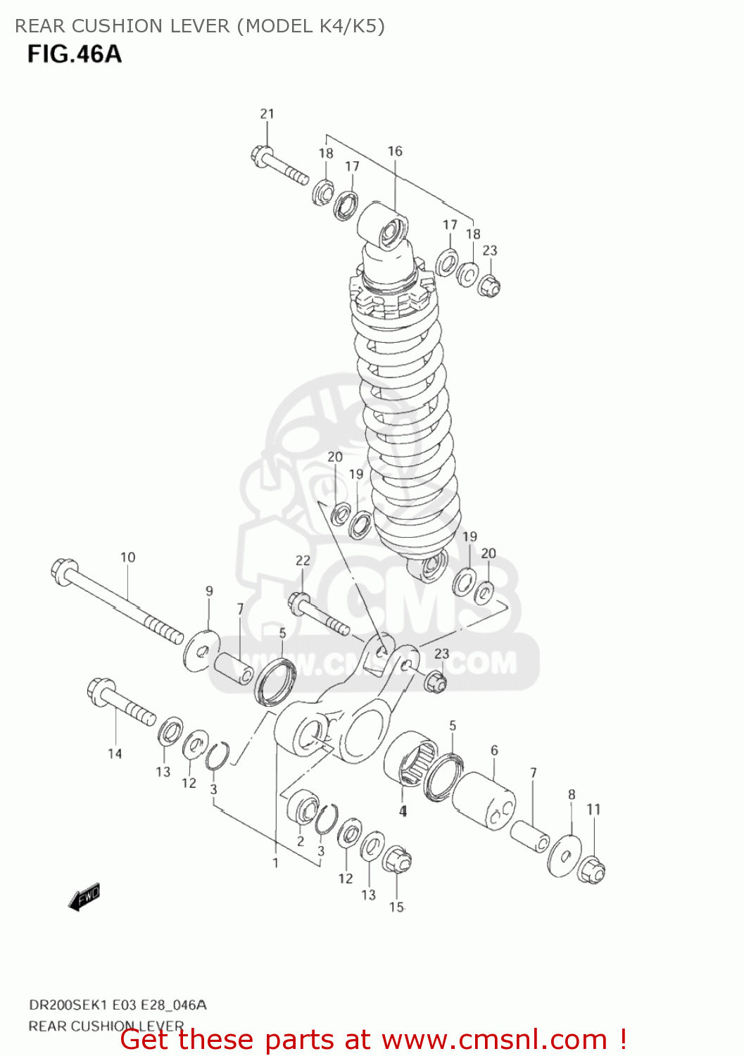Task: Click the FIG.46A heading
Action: point(75,54)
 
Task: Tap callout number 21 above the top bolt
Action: point(267,113)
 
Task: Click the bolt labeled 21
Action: point(279,165)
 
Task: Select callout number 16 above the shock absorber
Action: point(395,151)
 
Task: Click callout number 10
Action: point(127,557)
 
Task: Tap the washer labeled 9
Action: point(201,650)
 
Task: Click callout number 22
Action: point(303,560)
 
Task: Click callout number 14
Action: point(115,753)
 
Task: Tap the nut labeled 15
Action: point(396,860)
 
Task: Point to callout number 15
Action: point(396,907)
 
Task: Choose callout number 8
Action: point(572,794)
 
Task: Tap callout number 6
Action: point(494,750)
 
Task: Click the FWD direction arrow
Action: point(84,897)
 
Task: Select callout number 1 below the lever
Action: point(275,862)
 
